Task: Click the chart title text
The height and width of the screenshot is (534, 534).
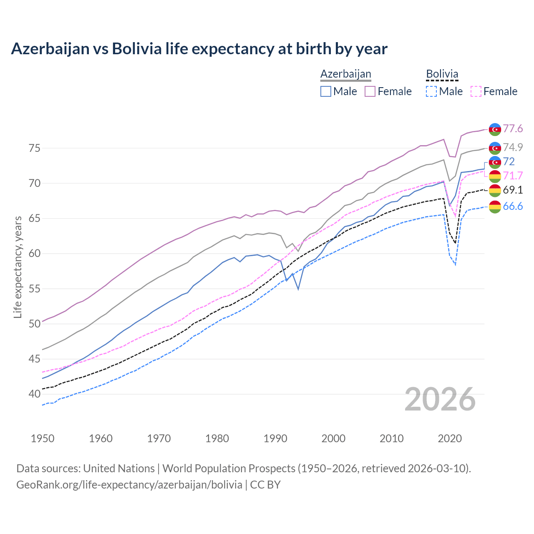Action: click(x=199, y=49)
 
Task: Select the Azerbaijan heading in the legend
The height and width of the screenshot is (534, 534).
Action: click(x=345, y=74)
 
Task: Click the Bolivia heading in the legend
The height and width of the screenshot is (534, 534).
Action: click(x=442, y=74)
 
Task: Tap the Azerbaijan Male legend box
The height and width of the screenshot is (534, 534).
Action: click(x=326, y=91)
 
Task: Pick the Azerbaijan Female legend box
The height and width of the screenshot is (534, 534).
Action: click(x=370, y=91)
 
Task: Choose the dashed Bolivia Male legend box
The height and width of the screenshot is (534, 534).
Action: click(x=431, y=91)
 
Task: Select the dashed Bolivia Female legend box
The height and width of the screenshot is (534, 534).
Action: click(x=476, y=91)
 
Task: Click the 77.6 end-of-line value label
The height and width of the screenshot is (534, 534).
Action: click(x=513, y=128)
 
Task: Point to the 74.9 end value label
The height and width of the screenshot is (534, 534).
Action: click(x=513, y=147)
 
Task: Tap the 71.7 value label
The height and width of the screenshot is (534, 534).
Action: click(x=513, y=176)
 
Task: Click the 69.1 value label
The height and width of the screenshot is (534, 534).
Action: click(x=513, y=190)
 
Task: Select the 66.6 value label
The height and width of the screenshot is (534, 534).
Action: click(x=513, y=206)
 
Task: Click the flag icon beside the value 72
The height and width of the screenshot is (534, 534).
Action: click(x=495, y=162)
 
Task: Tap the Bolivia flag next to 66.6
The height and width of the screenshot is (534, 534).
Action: click(x=495, y=207)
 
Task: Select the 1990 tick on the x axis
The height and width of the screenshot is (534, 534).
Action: click(x=275, y=438)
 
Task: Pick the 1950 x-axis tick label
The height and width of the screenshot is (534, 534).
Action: click(x=43, y=438)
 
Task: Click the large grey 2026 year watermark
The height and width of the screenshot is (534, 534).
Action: click(x=440, y=399)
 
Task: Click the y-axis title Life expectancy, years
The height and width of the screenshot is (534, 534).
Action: click(x=18, y=267)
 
